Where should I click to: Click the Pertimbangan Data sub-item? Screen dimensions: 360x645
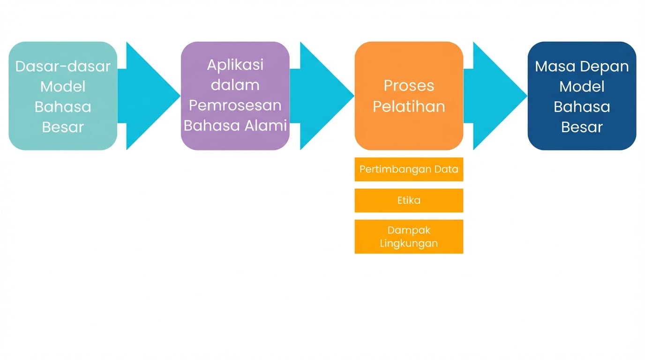409,169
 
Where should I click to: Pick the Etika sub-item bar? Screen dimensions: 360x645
409,200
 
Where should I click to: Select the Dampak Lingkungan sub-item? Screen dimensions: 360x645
409,237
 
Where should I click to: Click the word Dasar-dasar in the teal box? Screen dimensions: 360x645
63,66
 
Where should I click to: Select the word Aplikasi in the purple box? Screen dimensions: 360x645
235,65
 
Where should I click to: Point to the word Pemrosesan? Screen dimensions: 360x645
235,105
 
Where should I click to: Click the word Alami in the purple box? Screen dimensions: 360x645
267,126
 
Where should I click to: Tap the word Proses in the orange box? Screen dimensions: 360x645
409,85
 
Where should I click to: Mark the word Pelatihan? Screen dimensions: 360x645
409,106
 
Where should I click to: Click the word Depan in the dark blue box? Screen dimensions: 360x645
604,66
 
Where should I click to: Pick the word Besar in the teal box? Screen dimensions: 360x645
63,127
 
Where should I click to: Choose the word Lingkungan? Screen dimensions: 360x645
409,243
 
